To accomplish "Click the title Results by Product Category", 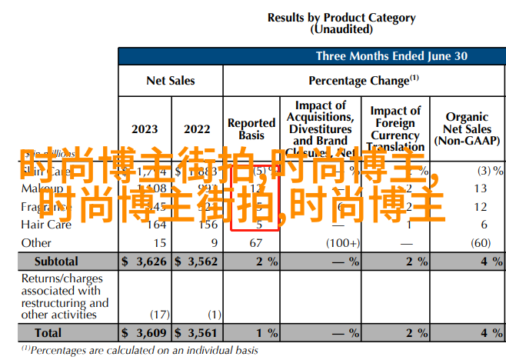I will tap(341, 18).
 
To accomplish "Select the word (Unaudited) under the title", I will tap(341, 29).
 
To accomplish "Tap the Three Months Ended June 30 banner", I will tap(391, 56).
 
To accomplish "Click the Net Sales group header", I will tap(170, 80).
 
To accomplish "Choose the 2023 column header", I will tap(145, 129).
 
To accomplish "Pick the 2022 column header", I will tap(197, 129).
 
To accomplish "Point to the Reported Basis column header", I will tap(251, 128).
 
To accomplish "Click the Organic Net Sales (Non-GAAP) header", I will tap(467, 128).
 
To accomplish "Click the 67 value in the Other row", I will tap(258, 243).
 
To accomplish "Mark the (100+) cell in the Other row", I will tap(342, 243).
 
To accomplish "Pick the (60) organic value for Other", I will tap(481, 243).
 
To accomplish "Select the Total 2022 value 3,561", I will tap(201, 333).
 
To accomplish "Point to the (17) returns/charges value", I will tap(159, 314).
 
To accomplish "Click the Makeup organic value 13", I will tap(481, 188).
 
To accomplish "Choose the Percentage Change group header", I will tap(363, 80).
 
